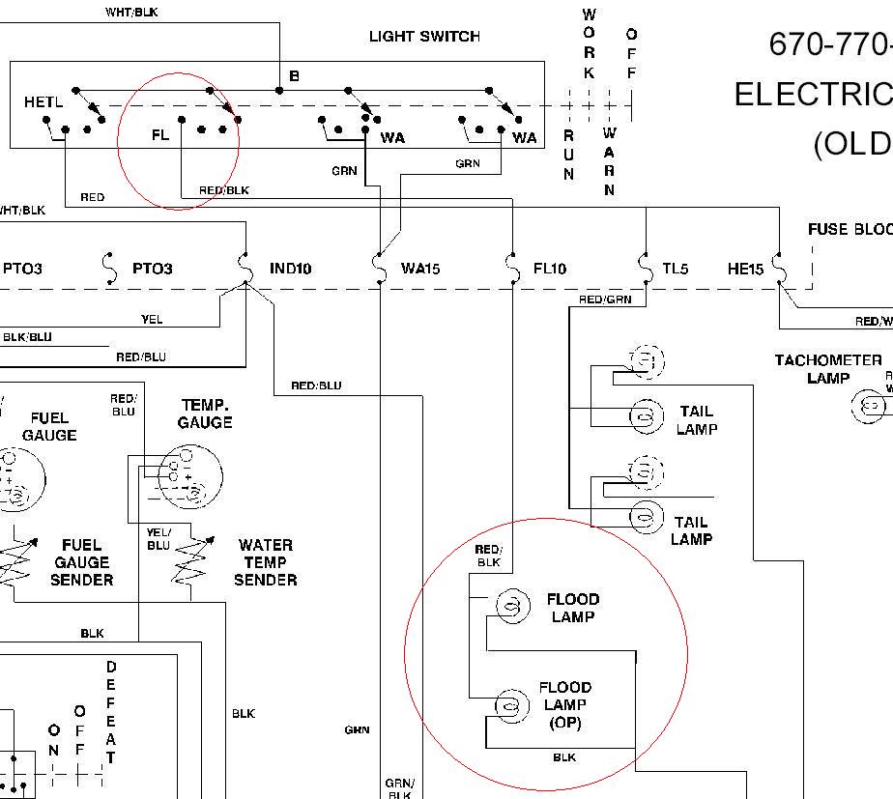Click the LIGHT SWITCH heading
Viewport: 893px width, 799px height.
pyautogui.click(x=424, y=37)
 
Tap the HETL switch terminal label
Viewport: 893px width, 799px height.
pyautogui.click(x=43, y=101)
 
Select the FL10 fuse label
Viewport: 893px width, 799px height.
pyautogui.click(x=550, y=269)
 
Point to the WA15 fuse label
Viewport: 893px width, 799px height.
pyautogui.click(x=420, y=269)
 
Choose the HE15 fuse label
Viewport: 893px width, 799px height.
pyautogui.click(x=745, y=269)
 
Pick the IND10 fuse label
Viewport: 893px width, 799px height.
pyautogui.click(x=290, y=269)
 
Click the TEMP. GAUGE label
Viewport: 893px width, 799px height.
pyautogui.click(x=205, y=414)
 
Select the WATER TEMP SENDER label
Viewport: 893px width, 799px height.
pyautogui.click(x=265, y=562)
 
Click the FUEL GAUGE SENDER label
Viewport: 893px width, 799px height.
pyautogui.click(x=82, y=562)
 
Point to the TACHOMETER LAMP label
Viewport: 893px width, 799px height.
pyautogui.click(x=827, y=369)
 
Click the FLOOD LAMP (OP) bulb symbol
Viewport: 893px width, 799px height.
pyautogui.click(x=512, y=706)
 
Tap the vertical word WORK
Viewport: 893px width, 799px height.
pyautogui.click(x=589, y=43)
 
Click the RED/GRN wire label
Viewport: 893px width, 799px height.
pyautogui.click(x=605, y=300)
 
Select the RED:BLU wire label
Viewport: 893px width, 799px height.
pyautogui.click(x=316, y=386)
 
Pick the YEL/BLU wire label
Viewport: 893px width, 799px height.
pyautogui.click(x=158, y=538)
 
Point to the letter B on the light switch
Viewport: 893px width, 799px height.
pyautogui.click(x=295, y=75)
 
